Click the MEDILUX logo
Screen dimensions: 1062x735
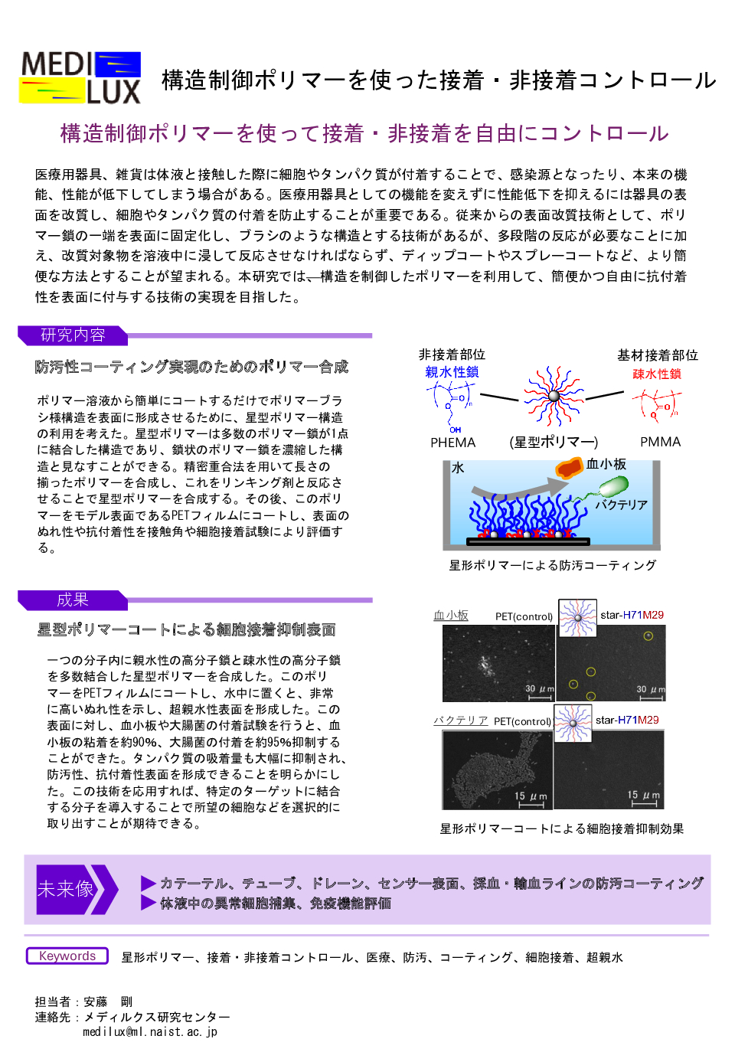[80, 77]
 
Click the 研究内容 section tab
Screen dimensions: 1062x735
[73, 335]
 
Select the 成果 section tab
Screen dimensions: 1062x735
[73, 600]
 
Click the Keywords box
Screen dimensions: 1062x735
[67, 956]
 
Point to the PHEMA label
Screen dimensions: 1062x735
[452, 443]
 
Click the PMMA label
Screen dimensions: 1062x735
[660, 442]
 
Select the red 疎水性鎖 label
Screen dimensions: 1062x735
[656, 374]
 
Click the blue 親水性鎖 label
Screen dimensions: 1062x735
[452, 372]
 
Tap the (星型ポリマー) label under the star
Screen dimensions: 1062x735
[554, 443]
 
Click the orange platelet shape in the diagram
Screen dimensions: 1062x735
[569, 467]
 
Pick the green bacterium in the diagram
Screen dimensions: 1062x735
[613, 486]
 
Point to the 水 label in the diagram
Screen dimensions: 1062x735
[458, 468]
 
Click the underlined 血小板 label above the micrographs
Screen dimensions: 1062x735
[450, 616]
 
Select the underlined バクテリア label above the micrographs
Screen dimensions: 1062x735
[460, 721]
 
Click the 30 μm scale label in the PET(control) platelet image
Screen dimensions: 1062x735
[539, 688]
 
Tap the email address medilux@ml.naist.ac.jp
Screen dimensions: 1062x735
[150, 1031]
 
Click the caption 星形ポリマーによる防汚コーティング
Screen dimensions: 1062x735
[553, 565]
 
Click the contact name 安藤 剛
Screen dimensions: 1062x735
[108, 1002]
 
